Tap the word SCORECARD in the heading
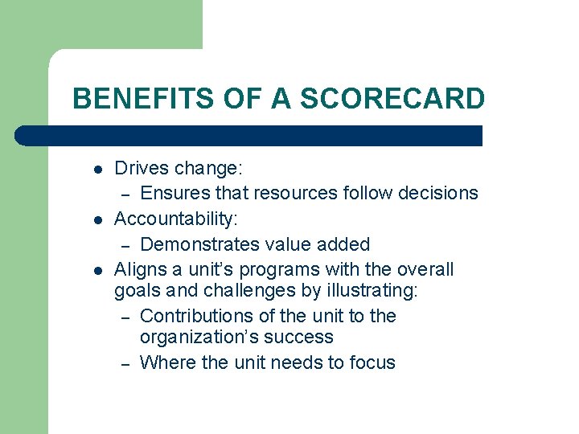[392, 99]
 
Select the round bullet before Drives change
[96, 170]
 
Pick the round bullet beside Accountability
[96, 219]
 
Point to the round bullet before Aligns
[96, 269]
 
